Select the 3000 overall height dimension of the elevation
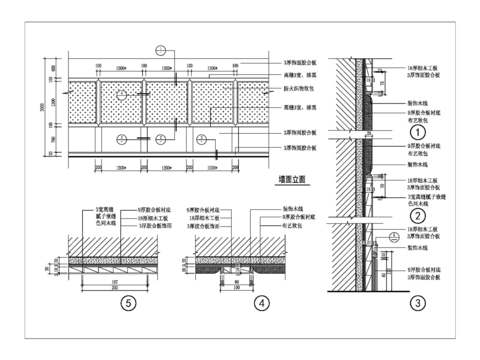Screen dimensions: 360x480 (40, 108)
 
